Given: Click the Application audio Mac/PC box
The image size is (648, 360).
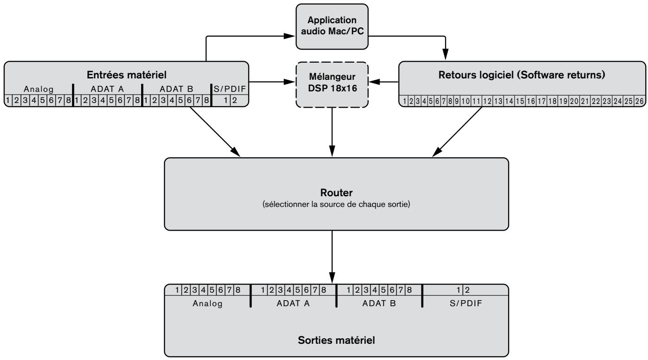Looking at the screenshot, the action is [x=332, y=26].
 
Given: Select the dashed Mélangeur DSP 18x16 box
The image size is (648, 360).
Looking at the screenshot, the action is [x=332, y=85].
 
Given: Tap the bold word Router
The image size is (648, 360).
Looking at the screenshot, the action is [x=336, y=193].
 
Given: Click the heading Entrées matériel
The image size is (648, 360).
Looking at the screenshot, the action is [x=126, y=75].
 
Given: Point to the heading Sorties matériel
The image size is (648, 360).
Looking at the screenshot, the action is [x=336, y=340].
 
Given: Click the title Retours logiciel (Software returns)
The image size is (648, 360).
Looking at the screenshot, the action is [x=522, y=75].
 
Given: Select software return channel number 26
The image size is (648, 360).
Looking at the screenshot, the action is [x=639, y=101].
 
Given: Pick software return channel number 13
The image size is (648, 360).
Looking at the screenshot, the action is [x=498, y=101].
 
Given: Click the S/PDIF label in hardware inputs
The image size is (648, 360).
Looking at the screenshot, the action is [x=230, y=89].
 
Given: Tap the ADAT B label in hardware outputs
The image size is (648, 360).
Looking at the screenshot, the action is [x=379, y=303].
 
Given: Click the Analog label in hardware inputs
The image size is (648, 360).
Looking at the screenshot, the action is [x=39, y=89].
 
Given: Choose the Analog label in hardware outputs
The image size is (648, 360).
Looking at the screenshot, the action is [x=207, y=303].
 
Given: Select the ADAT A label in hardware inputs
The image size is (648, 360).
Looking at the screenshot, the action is [x=107, y=89].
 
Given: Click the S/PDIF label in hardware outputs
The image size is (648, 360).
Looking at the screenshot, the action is [x=466, y=303].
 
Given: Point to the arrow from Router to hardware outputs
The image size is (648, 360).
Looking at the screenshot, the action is [x=332, y=257].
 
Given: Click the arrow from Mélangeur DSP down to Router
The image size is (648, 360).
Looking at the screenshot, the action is [x=332, y=132].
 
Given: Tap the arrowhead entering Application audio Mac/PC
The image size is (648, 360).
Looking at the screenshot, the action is [x=289, y=36].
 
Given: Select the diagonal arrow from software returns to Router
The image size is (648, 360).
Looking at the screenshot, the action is [x=457, y=132].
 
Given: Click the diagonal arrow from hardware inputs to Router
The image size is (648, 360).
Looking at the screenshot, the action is [x=215, y=132].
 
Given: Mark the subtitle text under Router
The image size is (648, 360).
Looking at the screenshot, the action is [x=336, y=205].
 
